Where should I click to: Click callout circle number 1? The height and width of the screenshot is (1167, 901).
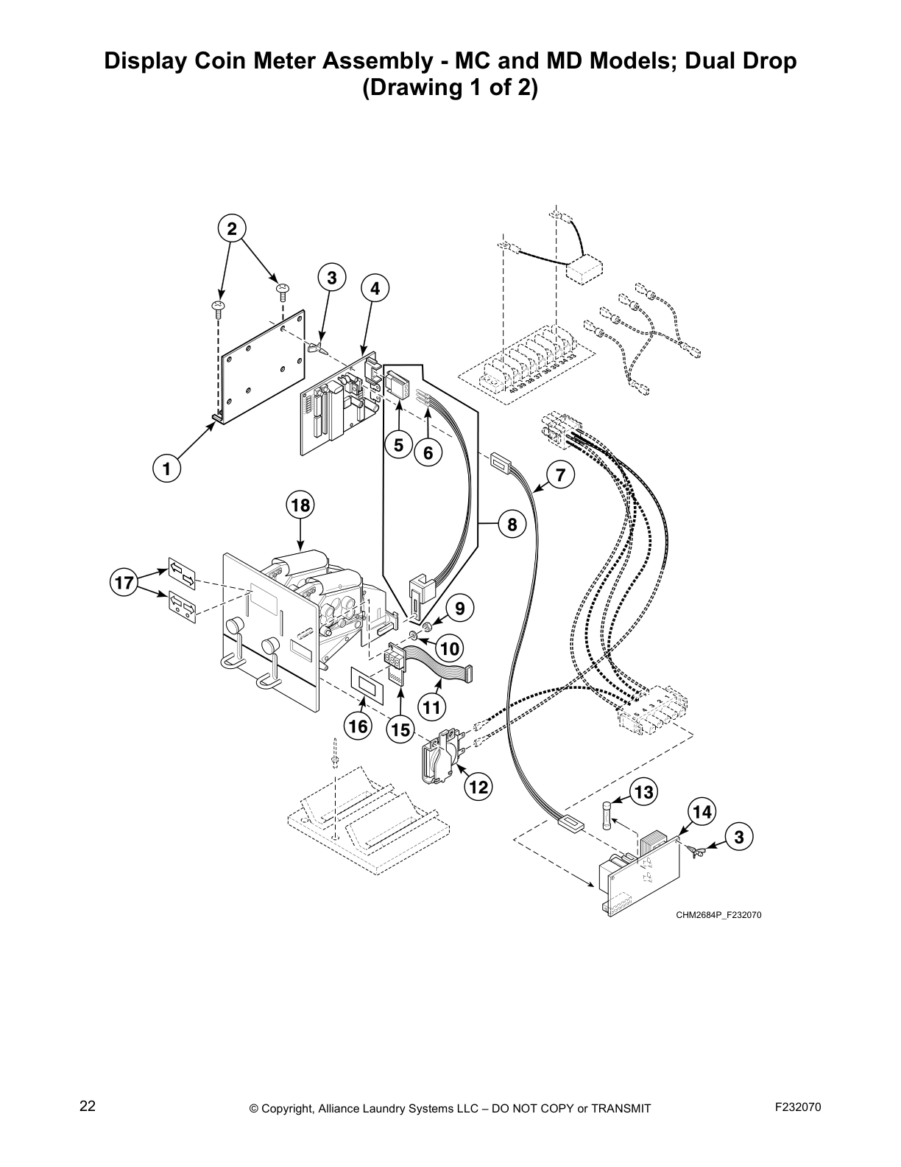point(167,469)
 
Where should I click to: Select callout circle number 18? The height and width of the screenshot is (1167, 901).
point(300,505)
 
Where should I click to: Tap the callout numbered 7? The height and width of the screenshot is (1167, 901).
point(561,475)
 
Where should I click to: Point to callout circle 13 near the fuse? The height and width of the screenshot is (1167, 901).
point(643,793)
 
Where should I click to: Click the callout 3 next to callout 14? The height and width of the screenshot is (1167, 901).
point(739,836)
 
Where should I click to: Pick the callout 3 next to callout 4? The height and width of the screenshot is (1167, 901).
point(332,278)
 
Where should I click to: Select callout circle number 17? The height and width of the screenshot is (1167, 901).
point(124,583)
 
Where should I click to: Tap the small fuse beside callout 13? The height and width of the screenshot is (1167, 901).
point(607,816)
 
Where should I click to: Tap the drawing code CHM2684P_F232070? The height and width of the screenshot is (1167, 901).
point(718,915)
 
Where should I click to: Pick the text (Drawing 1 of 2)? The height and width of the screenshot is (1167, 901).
point(450,88)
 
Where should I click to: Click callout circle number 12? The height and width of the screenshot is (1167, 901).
point(478,788)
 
